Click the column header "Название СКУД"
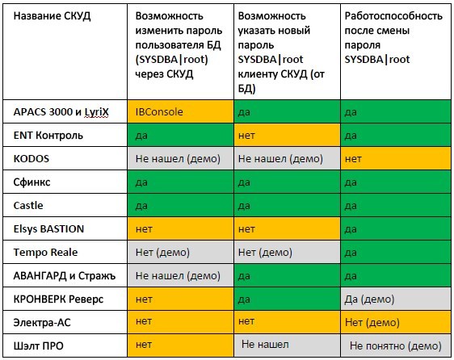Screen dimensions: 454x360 (52, 16)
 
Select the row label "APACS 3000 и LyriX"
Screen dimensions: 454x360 (61, 112)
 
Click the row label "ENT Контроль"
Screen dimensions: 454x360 (48, 135)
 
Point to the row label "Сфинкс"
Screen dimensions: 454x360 (32, 182)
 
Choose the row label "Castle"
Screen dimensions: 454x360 (28, 206)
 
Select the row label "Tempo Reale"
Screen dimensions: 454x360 (45, 252)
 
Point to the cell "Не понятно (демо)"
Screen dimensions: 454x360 (396, 345)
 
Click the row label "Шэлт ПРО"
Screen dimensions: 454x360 (38, 345)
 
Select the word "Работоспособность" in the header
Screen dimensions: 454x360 (393, 16)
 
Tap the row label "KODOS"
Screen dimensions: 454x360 (32, 158)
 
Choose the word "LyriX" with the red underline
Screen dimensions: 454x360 (96, 112)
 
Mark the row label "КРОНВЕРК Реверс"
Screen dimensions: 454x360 (58, 299)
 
